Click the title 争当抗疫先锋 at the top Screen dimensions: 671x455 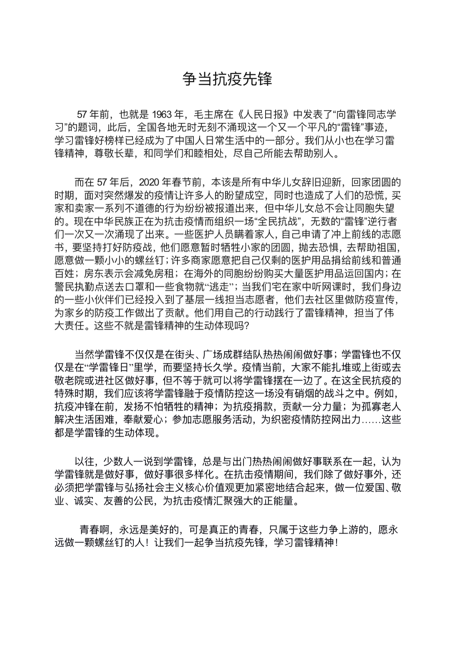pyautogui.click(x=227, y=79)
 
